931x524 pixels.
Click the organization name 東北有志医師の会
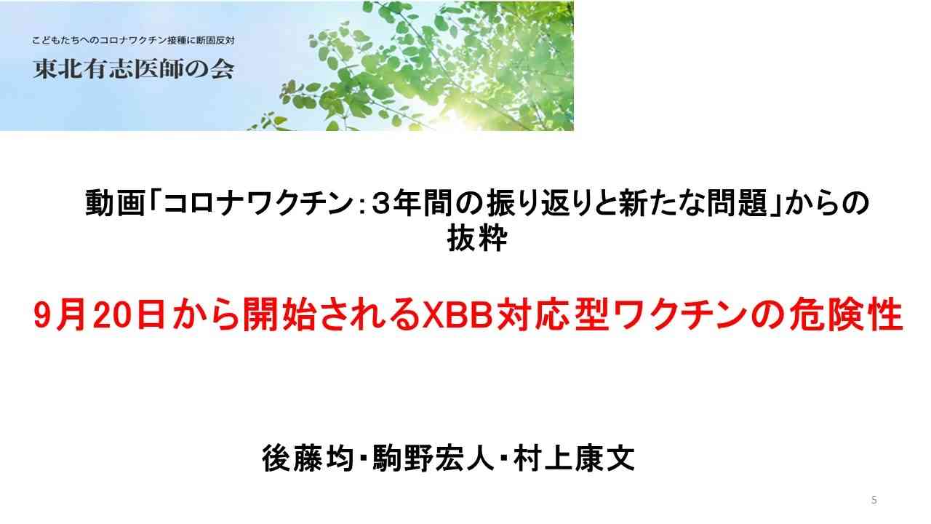(133, 68)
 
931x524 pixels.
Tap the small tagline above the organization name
(133, 40)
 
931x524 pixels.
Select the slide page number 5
(874, 500)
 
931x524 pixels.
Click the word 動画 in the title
(115, 203)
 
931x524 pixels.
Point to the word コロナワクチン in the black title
(258, 203)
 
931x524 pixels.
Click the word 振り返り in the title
(551, 203)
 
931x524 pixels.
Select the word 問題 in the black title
(738, 203)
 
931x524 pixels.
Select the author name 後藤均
(308, 458)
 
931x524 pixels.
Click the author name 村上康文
(574, 458)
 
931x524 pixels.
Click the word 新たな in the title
(661, 203)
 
